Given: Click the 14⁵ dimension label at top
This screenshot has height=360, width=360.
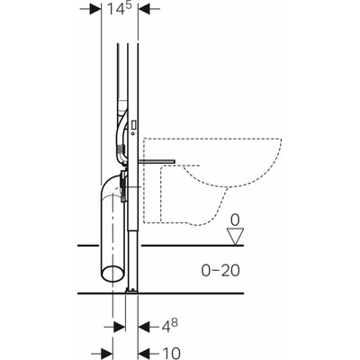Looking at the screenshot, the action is pos(119,8).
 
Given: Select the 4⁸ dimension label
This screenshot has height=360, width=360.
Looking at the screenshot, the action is pos(168,326).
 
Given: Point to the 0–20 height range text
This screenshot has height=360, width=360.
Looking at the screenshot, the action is pos(220,271).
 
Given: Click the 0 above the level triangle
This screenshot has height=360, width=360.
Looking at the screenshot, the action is pos(235,221).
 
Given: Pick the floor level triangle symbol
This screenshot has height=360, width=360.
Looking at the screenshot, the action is pos(235,237).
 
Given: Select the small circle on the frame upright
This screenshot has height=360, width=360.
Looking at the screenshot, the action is pos(133,132).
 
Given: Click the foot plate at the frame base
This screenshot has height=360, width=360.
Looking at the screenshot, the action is pos(131,290).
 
